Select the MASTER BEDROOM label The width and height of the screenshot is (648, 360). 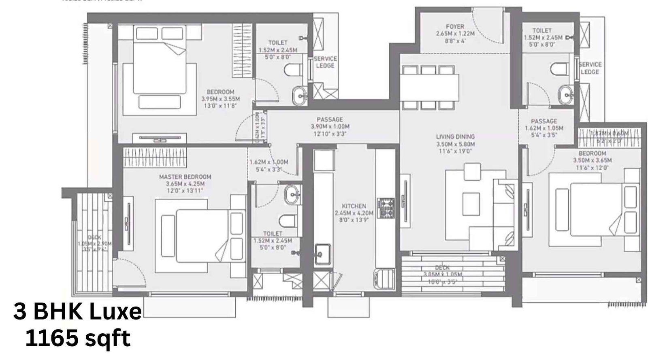185,177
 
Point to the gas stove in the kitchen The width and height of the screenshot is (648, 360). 386,208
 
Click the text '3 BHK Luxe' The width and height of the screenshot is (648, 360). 77,313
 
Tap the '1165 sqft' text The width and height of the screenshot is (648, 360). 77,338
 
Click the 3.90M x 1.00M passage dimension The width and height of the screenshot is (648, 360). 330,127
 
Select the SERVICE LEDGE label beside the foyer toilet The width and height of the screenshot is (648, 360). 590,68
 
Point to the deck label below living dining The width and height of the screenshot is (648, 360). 442,268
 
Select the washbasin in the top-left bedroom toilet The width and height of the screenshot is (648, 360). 300,95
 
